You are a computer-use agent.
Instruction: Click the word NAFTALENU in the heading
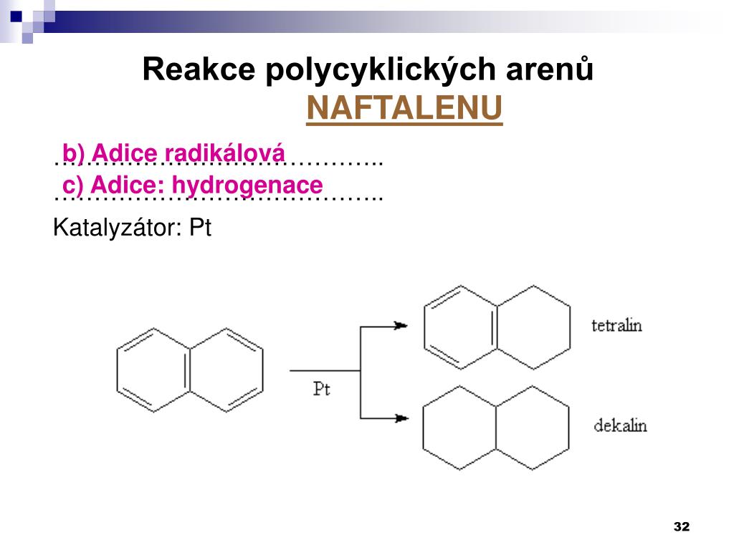click(404, 109)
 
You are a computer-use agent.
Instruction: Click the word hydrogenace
click(247, 185)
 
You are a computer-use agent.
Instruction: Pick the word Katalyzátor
click(118, 228)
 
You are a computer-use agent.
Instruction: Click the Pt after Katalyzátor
click(200, 228)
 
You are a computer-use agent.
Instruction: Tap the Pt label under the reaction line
click(322, 390)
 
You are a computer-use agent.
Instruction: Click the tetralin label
click(616, 326)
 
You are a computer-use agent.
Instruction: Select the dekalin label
click(620, 426)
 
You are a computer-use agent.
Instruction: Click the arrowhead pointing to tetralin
click(401, 326)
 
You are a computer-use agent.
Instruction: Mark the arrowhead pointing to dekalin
click(401, 418)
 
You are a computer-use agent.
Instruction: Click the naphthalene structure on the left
click(190, 370)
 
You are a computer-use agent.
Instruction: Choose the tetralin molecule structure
click(497, 328)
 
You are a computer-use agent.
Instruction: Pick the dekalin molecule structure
click(496, 428)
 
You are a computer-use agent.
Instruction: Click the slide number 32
click(681, 527)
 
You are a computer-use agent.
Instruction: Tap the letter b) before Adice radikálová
click(73, 153)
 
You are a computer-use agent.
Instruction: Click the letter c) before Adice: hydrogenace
click(73, 185)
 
